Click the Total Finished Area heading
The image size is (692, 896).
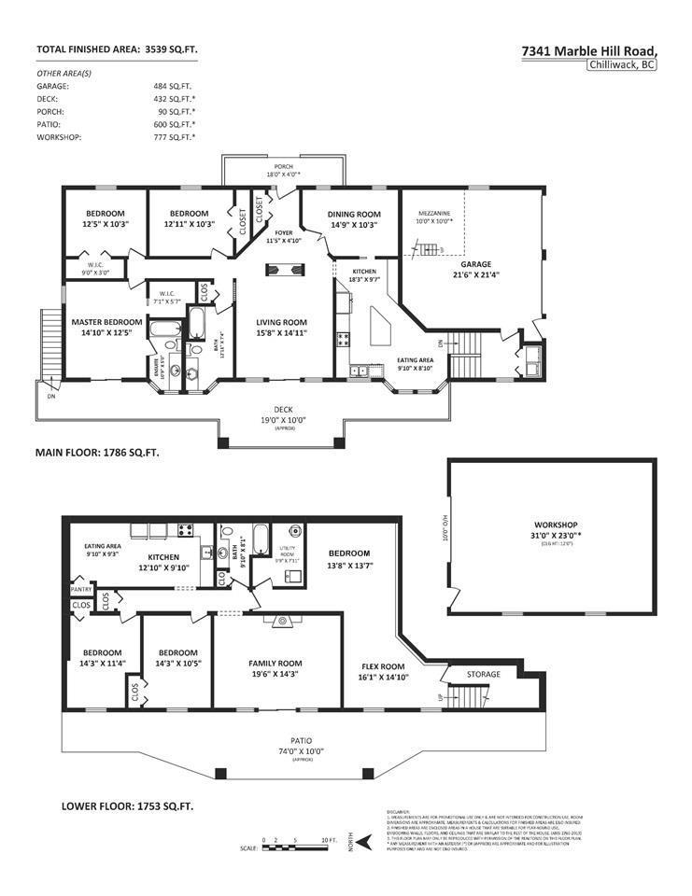click(117, 49)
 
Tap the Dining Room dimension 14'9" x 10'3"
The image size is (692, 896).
click(354, 225)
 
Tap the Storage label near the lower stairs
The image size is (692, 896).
click(484, 674)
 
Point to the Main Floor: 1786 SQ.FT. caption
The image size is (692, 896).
click(97, 452)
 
